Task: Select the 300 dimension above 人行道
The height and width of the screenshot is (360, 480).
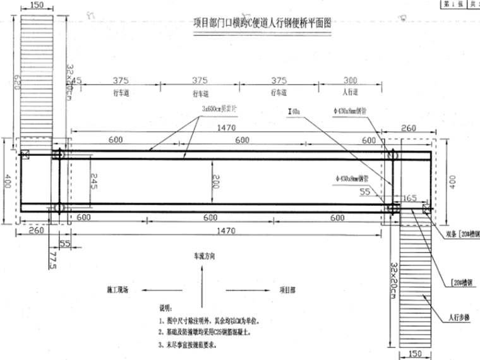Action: pyautogui.click(x=349, y=80)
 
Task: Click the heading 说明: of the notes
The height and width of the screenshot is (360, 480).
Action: pyautogui.click(x=166, y=308)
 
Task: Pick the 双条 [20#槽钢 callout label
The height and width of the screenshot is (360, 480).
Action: pyautogui.click(x=462, y=232)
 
